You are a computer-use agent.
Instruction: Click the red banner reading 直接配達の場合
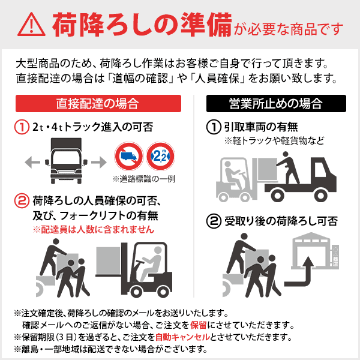(97, 103)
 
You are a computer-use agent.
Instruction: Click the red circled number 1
(21, 127)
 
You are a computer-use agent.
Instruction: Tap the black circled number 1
(213, 127)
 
